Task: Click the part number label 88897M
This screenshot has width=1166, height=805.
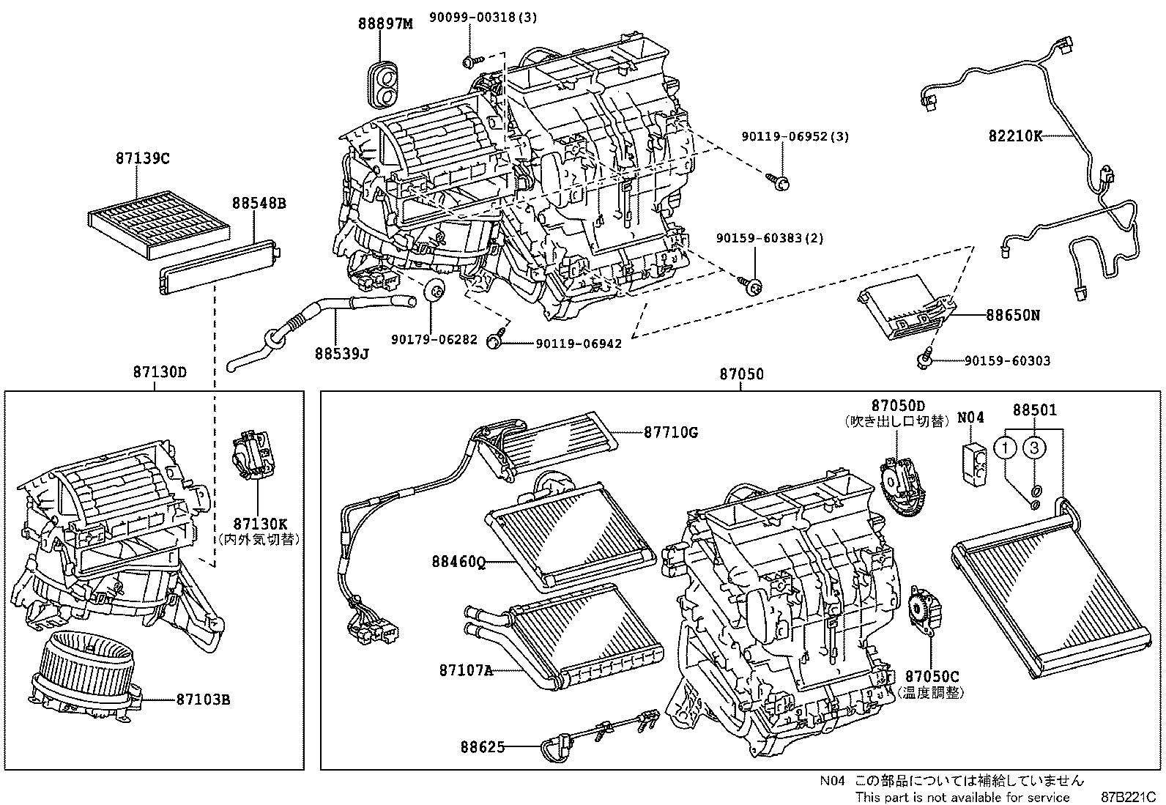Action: pyautogui.click(x=385, y=23)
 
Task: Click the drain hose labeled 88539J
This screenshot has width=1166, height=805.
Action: pyautogui.click(x=322, y=315)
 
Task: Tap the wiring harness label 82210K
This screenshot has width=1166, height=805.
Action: pyautogui.click(x=1014, y=136)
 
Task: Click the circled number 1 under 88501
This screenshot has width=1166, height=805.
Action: pyautogui.click(x=1007, y=447)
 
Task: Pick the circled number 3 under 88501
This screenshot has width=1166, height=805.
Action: pyautogui.click(x=1033, y=447)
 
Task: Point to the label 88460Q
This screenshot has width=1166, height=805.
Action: pyautogui.click(x=458, y=562)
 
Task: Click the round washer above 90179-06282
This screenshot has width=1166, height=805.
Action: pyautogui.click(x=434, y=292)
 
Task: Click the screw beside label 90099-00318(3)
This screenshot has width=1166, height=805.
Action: pyautogui.click(x=472, y=60)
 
